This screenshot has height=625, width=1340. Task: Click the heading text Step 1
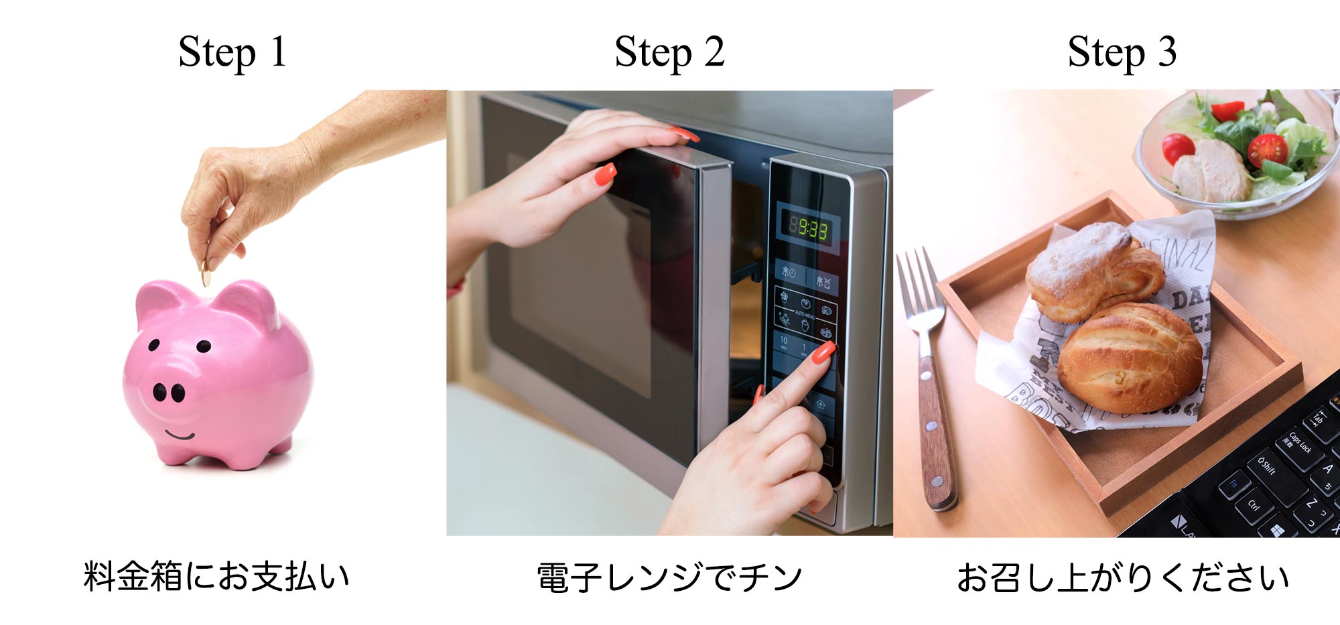point(232,52)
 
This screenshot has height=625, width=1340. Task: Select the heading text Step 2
point(669,52)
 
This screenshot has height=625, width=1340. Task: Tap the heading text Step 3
point(1122,52)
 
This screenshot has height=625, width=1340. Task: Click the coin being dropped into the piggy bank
point(206,274)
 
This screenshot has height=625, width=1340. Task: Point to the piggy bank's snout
point(169,392)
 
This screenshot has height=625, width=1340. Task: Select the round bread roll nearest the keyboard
point(1130,357)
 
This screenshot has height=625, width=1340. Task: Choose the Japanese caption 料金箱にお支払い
point(216,576)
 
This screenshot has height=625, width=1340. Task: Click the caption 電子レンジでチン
point(669,577)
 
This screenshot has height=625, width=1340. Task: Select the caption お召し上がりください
point(1122,577)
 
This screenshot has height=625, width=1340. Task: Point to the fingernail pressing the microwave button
point(823,352)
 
